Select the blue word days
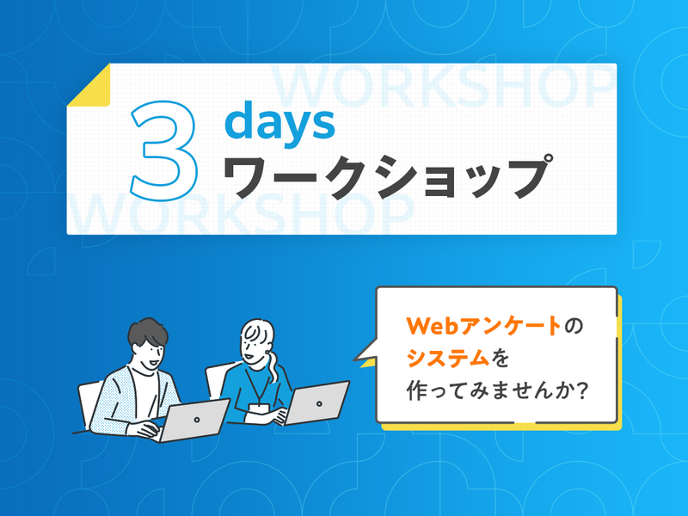click(279, 124)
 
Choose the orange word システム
click(452, 357)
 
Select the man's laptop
click(194, 419)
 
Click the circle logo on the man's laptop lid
click(197, 420)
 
